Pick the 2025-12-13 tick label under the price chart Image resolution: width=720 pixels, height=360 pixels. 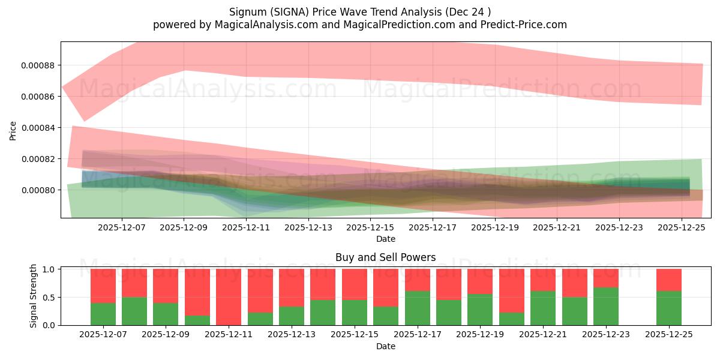point(308,228)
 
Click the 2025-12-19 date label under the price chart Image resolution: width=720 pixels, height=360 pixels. point(495,228)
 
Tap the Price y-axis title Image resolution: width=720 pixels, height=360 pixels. point(13,130)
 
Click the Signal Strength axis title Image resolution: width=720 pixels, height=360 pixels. point(34,296)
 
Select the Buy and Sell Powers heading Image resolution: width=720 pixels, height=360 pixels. point(385,257)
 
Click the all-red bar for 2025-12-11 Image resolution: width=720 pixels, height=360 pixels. point(229,297)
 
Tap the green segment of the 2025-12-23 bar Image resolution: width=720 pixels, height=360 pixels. point(606,306)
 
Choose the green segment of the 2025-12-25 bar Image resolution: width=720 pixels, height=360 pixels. point(668,308)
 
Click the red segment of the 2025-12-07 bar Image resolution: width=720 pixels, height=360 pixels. point(103,286)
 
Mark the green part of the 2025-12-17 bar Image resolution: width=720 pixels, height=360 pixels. point(418,308)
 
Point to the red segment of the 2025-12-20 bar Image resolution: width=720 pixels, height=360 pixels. point(512,290)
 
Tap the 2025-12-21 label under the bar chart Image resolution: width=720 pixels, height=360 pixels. point(543,335)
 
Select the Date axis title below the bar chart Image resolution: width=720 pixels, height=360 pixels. point(385,346)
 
